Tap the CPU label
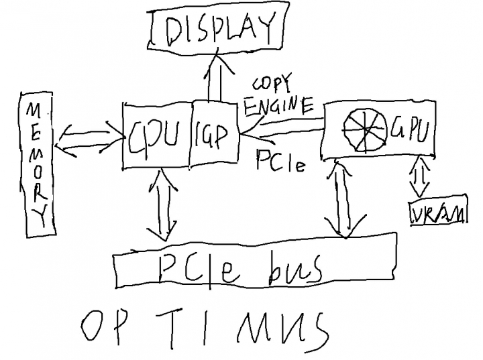pos(154,137)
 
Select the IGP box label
pos(212,136)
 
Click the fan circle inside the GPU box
pos(366,130)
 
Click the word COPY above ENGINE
pos(272,82)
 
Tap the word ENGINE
pos(279,106)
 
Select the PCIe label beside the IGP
pos(280,160)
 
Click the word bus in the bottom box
pos(295,268)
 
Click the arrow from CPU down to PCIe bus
pos(162,204)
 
